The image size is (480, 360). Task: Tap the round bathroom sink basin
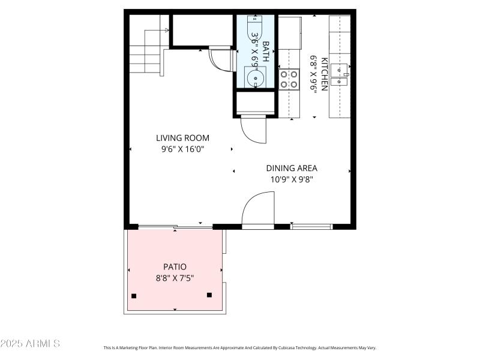(x=256, y=78)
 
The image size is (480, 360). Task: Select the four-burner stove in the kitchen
(x=289, y=79)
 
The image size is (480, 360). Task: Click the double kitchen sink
(x=340, y=75)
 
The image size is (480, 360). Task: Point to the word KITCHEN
(x=325, y=74)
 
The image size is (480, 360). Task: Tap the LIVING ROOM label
(x=183, y=138)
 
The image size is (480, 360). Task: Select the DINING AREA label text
(x=292, y=169)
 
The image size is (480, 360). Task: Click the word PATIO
(x=175, y=266)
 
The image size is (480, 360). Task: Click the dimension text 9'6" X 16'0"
(x=183, y=149)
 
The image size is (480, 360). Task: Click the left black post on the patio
(x=134, y=296)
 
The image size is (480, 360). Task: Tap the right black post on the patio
(x=209, y=295)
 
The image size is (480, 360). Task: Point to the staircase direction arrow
(x=166, y=29)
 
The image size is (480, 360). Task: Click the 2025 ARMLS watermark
(x=30, y=344)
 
